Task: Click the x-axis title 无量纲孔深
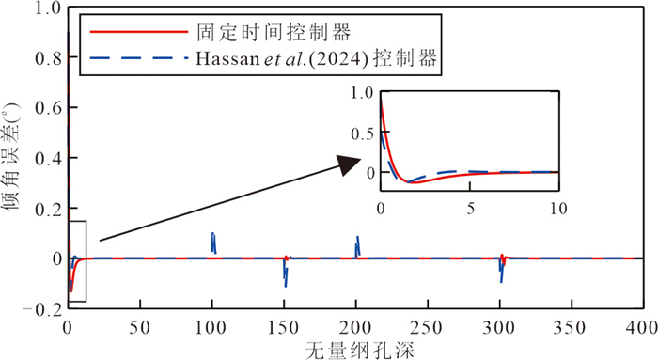click(x=360, y=350)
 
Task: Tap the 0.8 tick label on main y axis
click(x=49, y=58)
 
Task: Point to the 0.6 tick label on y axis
click(x=49, y=108)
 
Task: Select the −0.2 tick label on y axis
click(x=43, y=309)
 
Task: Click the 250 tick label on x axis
click(x=427, y=328)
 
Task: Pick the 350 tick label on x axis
click(x=571, y=328)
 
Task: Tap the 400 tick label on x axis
click(x=642, y=328)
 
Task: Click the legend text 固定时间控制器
click(x=274, y=32)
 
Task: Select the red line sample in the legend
click(x=139, y=32)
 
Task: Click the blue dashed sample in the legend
click(x=139, y=57)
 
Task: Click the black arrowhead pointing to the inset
click(x=349, y=164)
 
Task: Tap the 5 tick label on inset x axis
click(x=470, y=208)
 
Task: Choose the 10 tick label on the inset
click(x=558, y=208)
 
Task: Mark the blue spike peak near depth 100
click(x=212, y=233)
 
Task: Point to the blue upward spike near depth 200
click(x=357, y=237)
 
